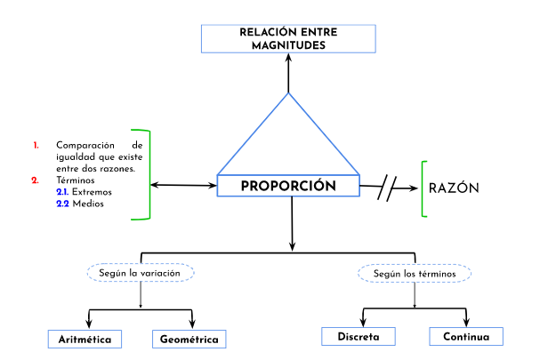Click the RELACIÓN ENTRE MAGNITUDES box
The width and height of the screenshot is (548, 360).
[288, 39]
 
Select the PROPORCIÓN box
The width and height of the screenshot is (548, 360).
[288, 186]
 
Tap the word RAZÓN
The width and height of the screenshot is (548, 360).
[454, 188]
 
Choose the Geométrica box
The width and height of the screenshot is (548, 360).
[189, 340]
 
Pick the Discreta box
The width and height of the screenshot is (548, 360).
[359, 337]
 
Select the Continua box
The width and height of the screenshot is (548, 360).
[465, 337]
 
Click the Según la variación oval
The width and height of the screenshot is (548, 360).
[141, 273]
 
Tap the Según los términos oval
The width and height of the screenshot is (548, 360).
[415, 274]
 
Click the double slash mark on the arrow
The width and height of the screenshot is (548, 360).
[387, 188]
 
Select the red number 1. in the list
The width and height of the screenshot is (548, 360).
[36, 145]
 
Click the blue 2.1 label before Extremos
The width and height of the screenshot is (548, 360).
[61, 191]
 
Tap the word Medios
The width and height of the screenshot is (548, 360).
[88, 203]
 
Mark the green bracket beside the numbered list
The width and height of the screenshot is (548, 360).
[148, 174]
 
